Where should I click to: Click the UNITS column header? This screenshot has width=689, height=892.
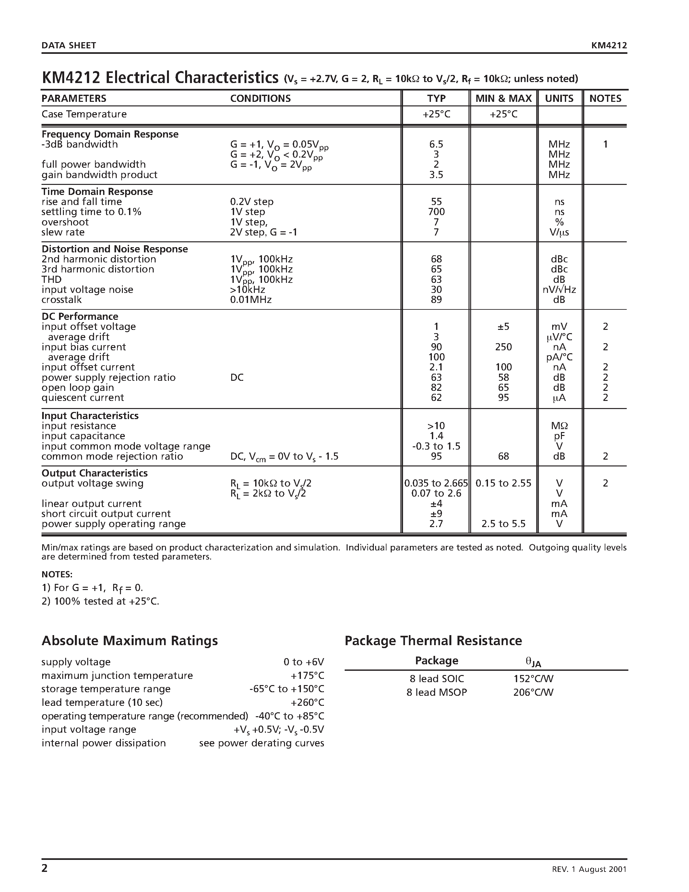pyautogui.click(x=559, y=98)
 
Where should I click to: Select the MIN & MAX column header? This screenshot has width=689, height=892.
pyautogui.click(x=503, y=98)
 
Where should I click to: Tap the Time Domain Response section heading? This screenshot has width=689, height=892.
pyautogui.click(x=97, y=192)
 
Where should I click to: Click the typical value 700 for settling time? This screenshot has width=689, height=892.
pyautogui.click(x=436, y=211)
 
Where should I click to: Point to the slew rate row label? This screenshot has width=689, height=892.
pyautogui.click(x=63, y=232)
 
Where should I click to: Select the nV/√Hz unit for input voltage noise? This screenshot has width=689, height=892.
pyautogui.click(x=559, y=290)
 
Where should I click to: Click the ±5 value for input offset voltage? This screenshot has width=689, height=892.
pyautogui.click(x=503, y=326)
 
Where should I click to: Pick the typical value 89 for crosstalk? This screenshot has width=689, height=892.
pyautogui.click(x=436, y=299)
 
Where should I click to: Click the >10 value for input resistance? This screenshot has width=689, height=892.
pyautogui.click(x=436, y=426)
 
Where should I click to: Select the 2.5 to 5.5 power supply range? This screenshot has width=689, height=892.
pyautogui.click(x=503, y=524)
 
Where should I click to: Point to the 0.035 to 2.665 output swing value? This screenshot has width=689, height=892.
pyautogui.click(x=436, y=483)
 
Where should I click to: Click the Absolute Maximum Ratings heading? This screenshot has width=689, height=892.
pyautogui.click(x=129, y=640)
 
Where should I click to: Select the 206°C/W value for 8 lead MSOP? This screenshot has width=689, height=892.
pyautogui.click(x=533, y=692)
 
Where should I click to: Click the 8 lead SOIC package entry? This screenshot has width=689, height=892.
pyautogui.click(x=437, y=679)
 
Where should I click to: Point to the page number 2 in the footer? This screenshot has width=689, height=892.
pyautogui.click(x=44, y=869)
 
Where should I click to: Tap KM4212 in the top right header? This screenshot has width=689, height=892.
pyautogui.click(x=609, y=45)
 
